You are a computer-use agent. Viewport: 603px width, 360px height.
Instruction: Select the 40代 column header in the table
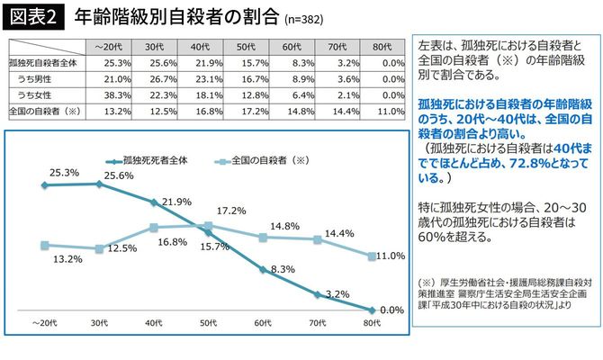[x=199, y=46]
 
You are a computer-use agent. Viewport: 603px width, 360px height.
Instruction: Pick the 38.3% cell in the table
[x=107, y=94]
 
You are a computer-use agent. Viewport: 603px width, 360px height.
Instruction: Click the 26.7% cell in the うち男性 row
[x=153, y=78]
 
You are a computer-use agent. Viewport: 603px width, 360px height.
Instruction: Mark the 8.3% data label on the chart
[x=281, y=268]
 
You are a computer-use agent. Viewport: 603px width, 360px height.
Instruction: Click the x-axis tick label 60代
[x=263, y=322]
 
